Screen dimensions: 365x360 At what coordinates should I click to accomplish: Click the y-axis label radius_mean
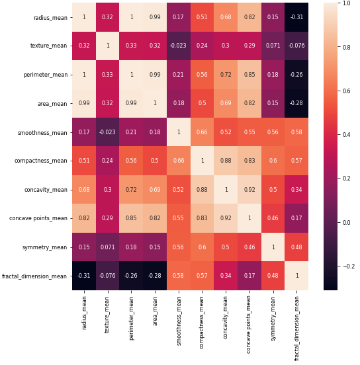click(50, 17)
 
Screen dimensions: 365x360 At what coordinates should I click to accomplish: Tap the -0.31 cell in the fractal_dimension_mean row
click(83, 276)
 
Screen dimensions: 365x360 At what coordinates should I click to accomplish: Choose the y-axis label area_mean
click(52, 104)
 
